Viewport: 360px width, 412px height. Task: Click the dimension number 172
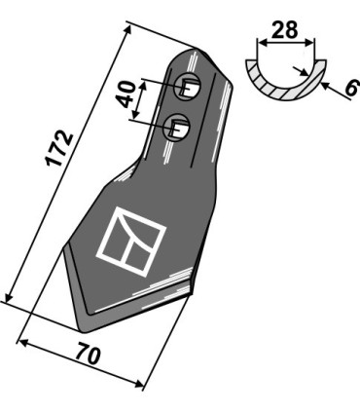59,148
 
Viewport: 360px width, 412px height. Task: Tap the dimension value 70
88,356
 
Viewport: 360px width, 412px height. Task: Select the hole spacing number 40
126,94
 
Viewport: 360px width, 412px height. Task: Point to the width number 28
284,30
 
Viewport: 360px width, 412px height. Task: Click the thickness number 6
352,88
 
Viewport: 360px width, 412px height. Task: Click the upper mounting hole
187,87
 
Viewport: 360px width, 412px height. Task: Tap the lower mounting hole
177,128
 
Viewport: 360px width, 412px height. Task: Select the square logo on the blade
131,242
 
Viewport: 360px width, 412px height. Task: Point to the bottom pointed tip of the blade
84,330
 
